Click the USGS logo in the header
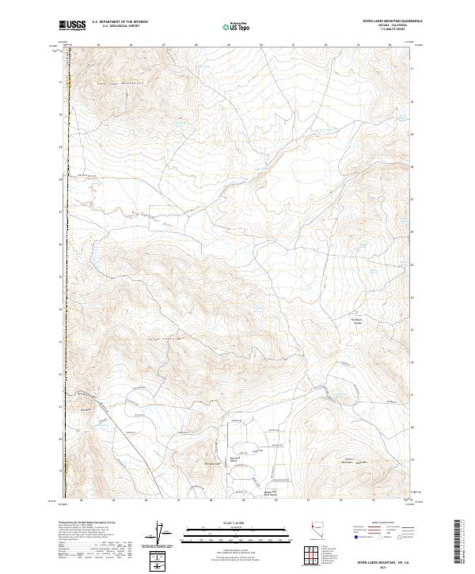(x=73, y=26)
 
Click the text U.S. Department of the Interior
(x=120, y=22)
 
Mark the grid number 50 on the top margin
(x=261, y=45)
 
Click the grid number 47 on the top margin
(x=163, y=45)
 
